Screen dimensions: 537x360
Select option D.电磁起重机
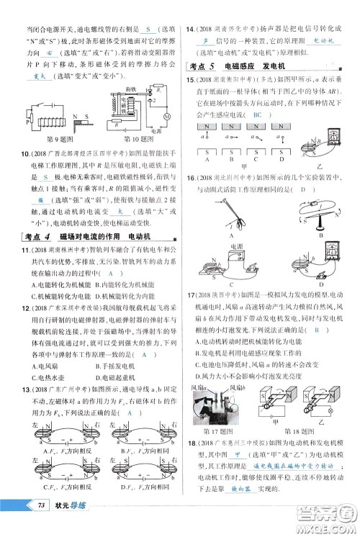pyautogui.click(x=125, y=376)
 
